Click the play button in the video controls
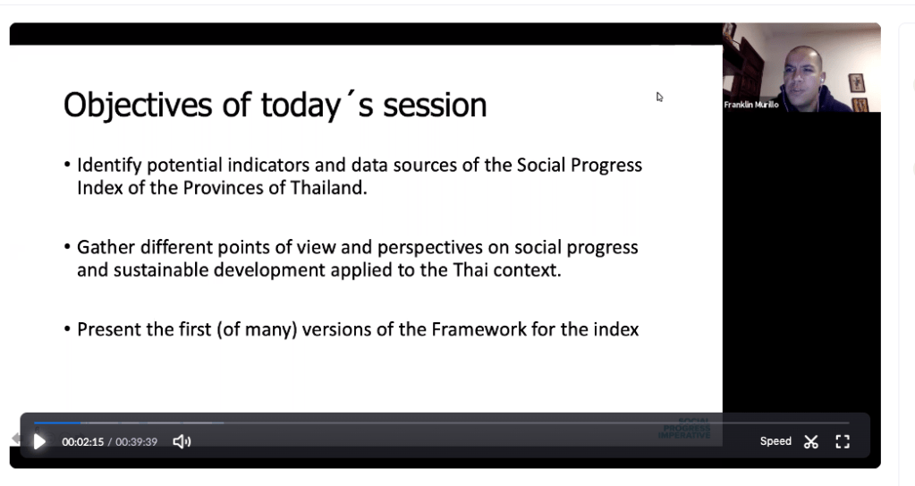[39, 441]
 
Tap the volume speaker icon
[182, 441]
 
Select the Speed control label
[775, 441]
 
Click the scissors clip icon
[810, 441]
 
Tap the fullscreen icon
[842, 441]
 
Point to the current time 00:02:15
[83, 442]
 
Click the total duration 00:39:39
[136, 442]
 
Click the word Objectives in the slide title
[138, 106]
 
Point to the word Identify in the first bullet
[110, 166]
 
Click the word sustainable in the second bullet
[160, 270]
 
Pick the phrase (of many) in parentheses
[257, 330]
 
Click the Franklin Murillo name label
[751, 105]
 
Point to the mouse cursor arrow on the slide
[659, 97]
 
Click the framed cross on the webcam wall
[856, 82]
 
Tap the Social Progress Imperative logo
[684, 428]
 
